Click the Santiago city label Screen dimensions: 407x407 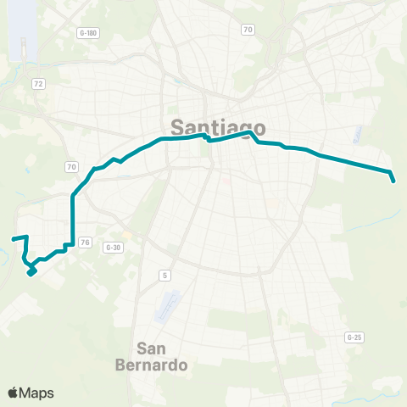pos(218,127)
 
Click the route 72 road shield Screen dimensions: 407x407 pos(39,83)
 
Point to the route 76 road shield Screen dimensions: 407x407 pos(84,243)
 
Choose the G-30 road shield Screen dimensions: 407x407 pos(113,247)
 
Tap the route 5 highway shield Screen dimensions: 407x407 pos(164,275)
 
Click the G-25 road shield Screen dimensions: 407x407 pos(354,337)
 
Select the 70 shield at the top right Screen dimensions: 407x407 pos(248,30)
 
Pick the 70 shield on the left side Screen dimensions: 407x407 pos(71,167)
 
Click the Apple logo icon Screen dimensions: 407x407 pos(14,393)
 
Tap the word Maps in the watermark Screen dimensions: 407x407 pos(38,393)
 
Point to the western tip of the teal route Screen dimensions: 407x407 pos(12,239)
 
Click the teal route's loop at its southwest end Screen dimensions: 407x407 pos(31,270)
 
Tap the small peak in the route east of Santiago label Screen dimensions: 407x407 pos(251,133)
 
